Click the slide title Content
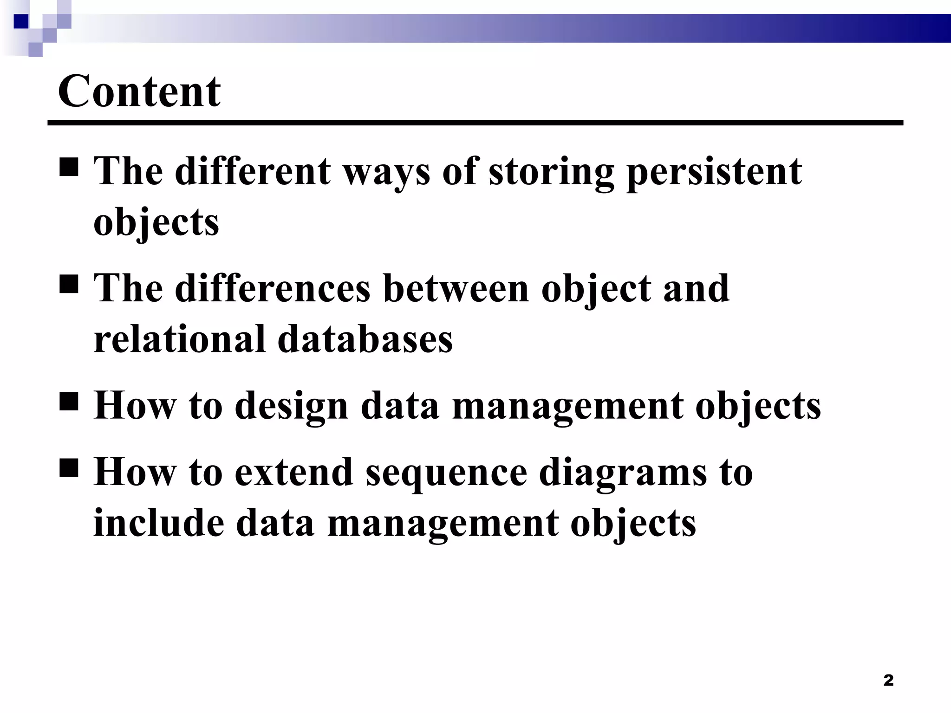tap(139, 91)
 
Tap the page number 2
tap(888, 681)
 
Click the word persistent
tap(714, 172)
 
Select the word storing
tap(551, 172)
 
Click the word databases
tap(365, 338)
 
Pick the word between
tap(456, 288)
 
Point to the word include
tap(158, 522)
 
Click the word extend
tap(293, 472)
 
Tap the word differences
tap(273, 288)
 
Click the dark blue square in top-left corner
tap(21, 21)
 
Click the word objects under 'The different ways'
tap(156, 222)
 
